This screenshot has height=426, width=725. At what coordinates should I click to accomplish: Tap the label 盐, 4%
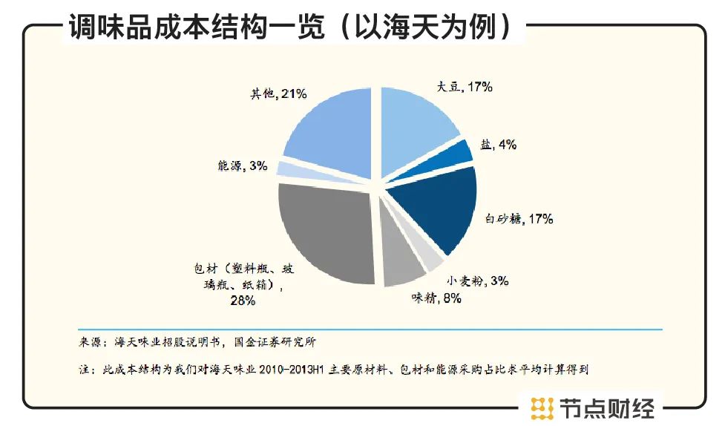498,145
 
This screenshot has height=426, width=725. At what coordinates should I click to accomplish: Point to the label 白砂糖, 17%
519,219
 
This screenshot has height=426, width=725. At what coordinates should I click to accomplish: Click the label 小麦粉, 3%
477,281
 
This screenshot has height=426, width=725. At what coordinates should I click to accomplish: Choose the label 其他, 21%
278,94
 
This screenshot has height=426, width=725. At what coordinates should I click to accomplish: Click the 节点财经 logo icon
543,408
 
